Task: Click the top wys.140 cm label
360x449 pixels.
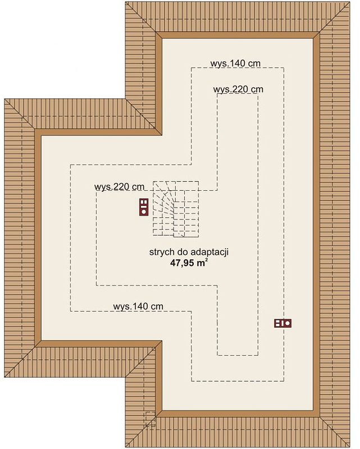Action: point(235,63)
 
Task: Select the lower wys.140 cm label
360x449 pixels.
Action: point(138,306)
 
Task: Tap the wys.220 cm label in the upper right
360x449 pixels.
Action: point(238,89)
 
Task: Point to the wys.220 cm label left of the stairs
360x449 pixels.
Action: point(119,187)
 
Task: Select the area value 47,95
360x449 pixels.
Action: point(182,263)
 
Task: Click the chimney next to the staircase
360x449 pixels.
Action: point(143,207)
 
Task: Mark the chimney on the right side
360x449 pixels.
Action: point(283,323)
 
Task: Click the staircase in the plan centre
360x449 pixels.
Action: point(176,208)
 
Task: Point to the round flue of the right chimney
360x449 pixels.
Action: point(288,323)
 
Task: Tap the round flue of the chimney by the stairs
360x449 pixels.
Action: point(143,212)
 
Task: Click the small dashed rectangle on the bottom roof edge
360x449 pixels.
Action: point(150,419)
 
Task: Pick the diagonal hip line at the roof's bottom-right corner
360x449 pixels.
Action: point(334,429)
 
